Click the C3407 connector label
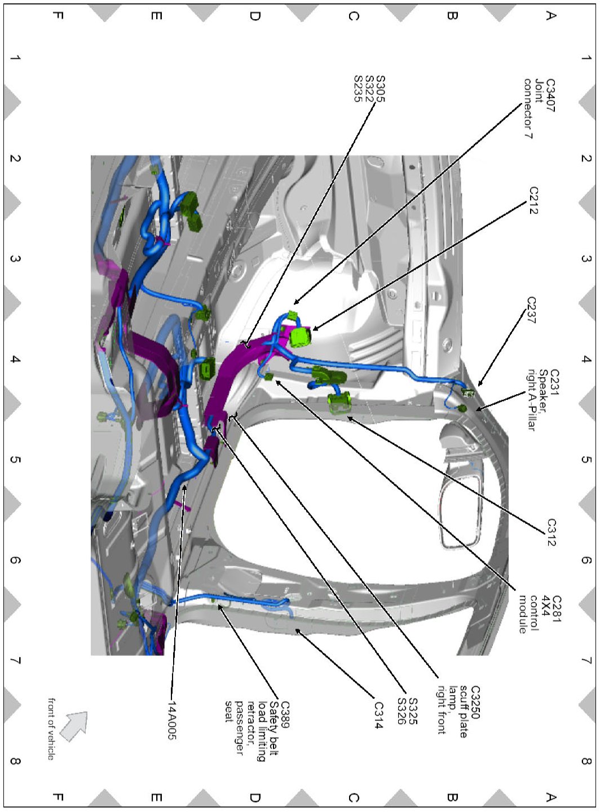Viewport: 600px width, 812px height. point(550,95)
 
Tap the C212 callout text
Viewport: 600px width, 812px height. point(533,200)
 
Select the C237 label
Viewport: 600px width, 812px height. point(531,310)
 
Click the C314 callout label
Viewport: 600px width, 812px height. point(379,715)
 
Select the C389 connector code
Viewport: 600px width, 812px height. point(284,714)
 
